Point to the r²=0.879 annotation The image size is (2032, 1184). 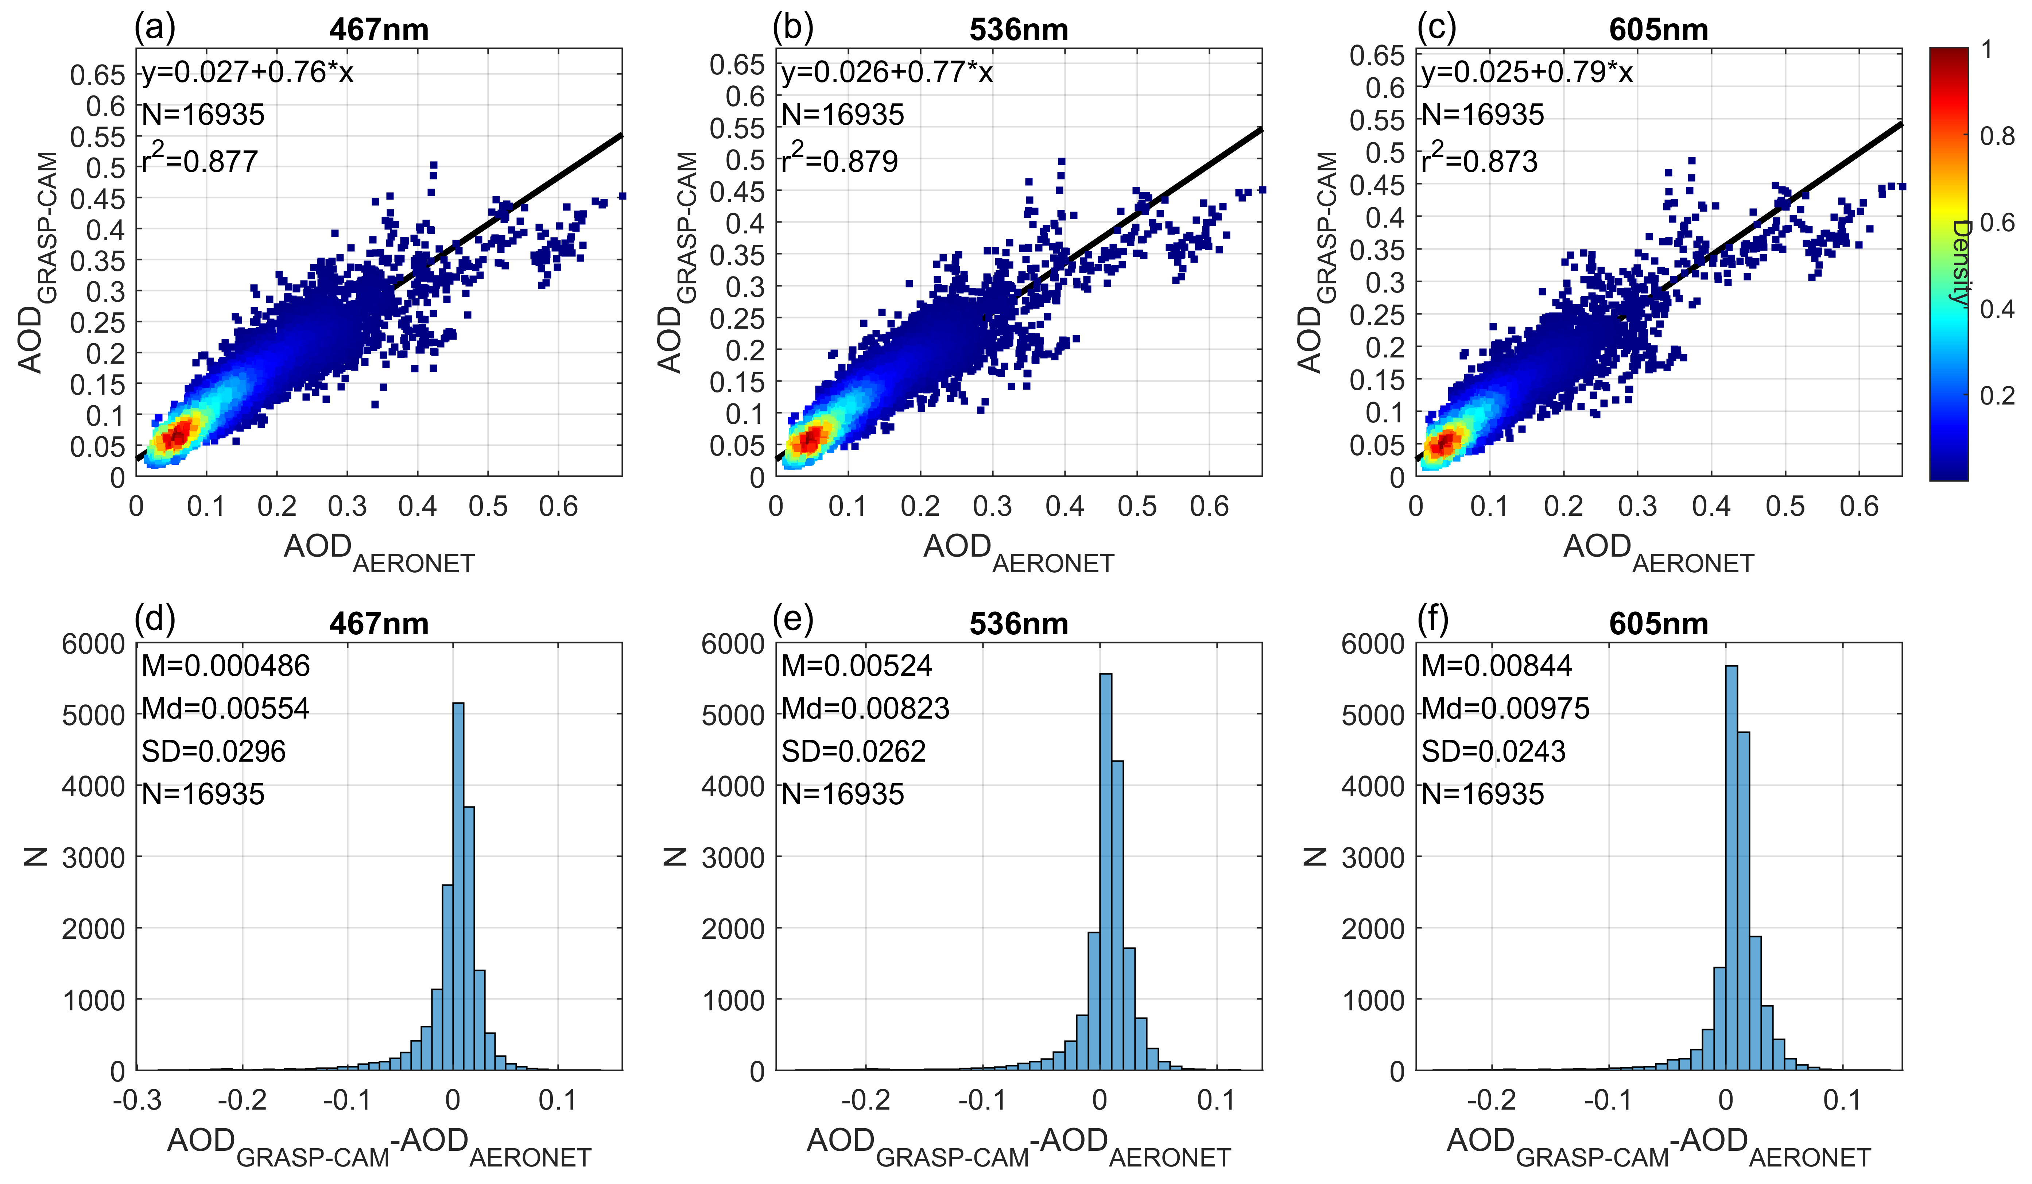click(x=839, y=160)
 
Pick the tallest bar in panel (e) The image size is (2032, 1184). click(x=1105, y=871)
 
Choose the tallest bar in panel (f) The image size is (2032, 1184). click(x=1730, y=867)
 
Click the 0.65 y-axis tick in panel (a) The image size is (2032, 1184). click(x=98, y=75)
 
